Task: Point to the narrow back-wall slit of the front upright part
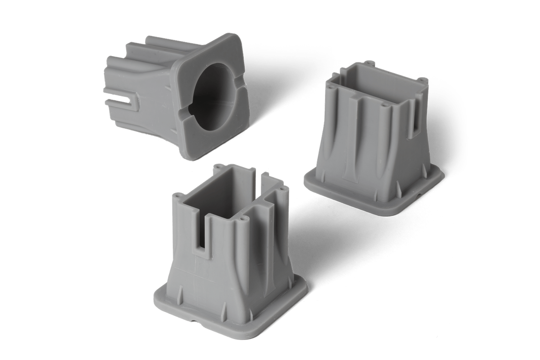(x=260, y=177)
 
